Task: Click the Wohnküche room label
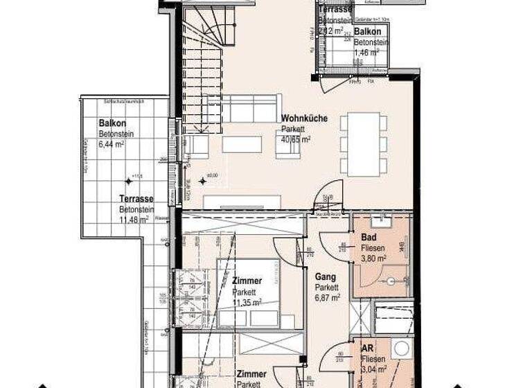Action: point(304,118)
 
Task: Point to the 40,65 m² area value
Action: point(296,139)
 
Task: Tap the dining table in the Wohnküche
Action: point(364,144)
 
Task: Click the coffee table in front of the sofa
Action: point(242,144)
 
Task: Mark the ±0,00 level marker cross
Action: point(202,181)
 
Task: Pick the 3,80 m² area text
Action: point(374,258)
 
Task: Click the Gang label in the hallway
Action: point(326,276)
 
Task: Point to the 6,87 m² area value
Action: point(327,297)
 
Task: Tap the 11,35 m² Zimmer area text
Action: point(247,302)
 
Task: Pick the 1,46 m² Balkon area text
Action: point(366,51)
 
